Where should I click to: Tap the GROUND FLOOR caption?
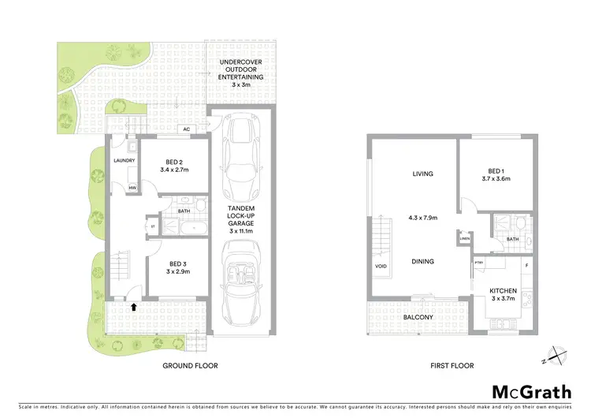pyautogui.click(x=190, y=366)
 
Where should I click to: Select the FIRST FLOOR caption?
pyautogui.click(x=452, y=366)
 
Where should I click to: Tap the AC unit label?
pyautogui.click(x=187, y=129)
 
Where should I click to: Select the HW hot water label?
pyautogui.click(x=132, y=188)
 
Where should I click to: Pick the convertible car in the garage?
pyautogui.click(x=241, y=282)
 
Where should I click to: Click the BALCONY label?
pyautogui.click(x=418, y=317)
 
